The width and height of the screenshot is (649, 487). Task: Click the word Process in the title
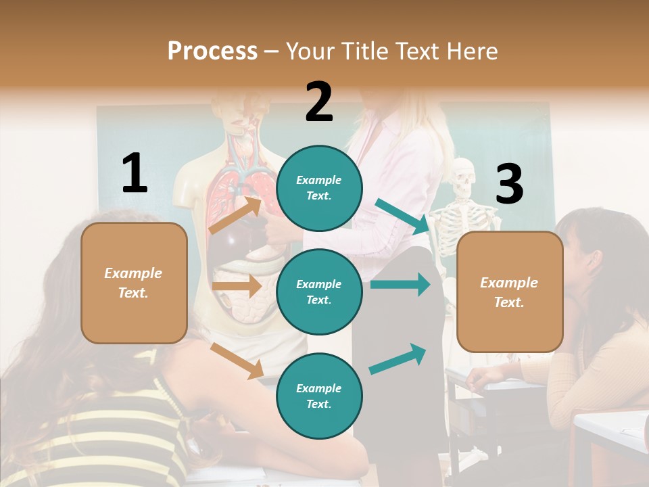click(212, 51)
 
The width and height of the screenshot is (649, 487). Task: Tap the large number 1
click(135, 173)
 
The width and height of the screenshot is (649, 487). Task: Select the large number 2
click(319, 101)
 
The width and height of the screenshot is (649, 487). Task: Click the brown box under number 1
click(134, 283)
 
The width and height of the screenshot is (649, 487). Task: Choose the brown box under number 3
click(510, 292)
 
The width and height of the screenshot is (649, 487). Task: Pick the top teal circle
click(319, 188)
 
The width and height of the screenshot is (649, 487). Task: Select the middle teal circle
click(319, 292)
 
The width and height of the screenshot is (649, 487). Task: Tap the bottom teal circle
click(319, 396)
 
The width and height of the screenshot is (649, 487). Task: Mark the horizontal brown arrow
click(237, 286)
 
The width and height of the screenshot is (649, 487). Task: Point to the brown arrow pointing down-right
click(237, 360)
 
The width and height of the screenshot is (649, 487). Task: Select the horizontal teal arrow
click(400, 284)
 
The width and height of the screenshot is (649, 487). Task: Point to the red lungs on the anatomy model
click(226, 200)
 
